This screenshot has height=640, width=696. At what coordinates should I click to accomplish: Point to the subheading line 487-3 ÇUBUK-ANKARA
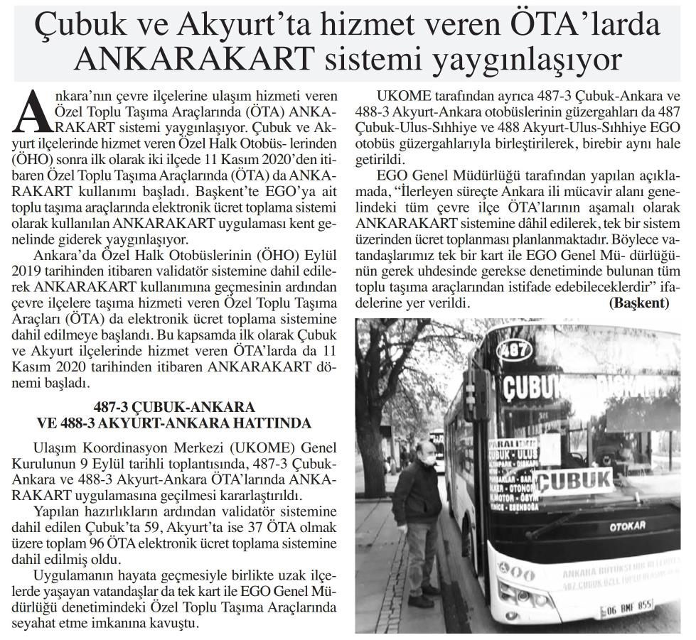coord(174,408)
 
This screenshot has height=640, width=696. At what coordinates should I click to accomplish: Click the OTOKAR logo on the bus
coord(626,526)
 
